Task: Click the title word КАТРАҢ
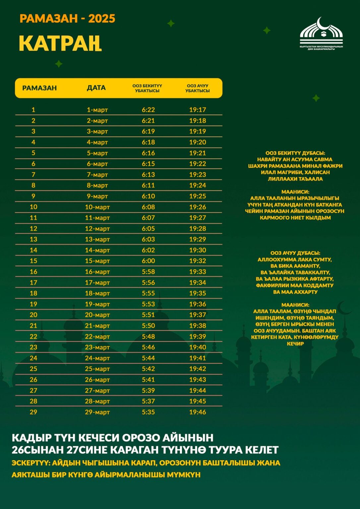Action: click(60, 43)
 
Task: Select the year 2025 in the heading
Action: click(102, 19)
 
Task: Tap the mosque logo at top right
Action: click(321, 33)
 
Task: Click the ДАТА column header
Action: click(96, 88)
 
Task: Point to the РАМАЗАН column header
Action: click(39, 88)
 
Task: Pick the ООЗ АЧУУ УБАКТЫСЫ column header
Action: click(198, 88)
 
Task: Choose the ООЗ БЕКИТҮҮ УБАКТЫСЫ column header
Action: click(147, 88)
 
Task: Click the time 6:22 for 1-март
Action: click(148, 110)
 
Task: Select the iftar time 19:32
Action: click(198, 261)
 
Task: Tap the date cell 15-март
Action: click(97, 261)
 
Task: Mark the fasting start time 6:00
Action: click(148, 261)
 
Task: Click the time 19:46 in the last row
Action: click(198, 412)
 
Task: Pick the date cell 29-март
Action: click(97, 412)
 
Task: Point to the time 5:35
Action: click(148, 412)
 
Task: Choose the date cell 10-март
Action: click(97, 207)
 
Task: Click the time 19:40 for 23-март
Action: click(198, 347)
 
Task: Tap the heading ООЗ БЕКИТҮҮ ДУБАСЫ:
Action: click(295, 153)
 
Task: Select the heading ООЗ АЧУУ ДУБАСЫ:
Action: click(295, 253)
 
